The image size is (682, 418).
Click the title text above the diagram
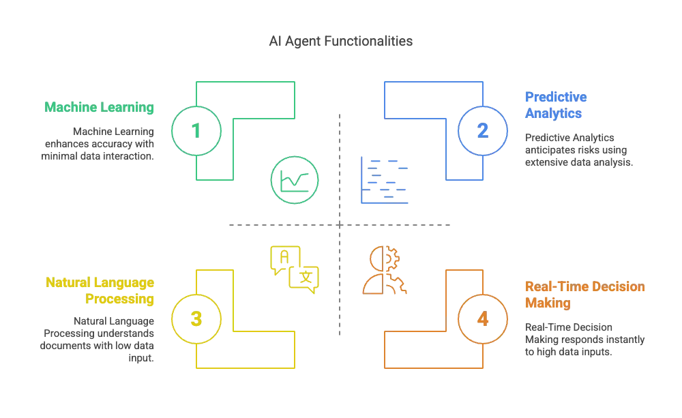[341, 42]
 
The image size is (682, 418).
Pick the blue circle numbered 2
[482, 130]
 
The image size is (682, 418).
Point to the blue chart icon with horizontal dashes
[385, 181]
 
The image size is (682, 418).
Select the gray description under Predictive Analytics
[577, 149]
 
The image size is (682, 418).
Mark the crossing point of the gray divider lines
[340, 226]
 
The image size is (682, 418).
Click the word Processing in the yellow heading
[121, 299]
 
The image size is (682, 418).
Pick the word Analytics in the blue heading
[553, 114]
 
